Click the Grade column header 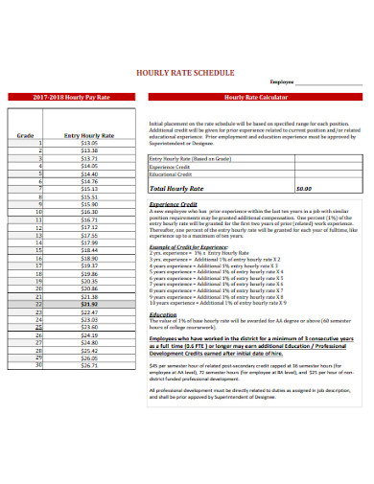point(26,136)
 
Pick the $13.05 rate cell point(89,144)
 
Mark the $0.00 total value point(304,189)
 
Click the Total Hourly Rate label point(182,189)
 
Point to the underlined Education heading point(163,313)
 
